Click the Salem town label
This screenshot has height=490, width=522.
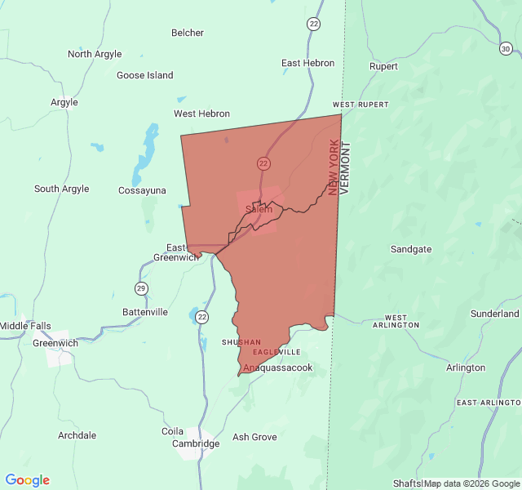pyautogui.click(x=259, y=209)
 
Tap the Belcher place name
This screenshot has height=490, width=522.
pyautogui.click(x=188, y=33)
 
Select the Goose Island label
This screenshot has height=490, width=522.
pyautogui.click(x=145, y=75)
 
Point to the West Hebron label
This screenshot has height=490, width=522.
pyautogui.click(x=201, y=114)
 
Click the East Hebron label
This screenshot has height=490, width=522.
pyautogui.click(x=307, y=63)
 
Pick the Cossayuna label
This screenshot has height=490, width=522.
pyautogui.click(x=142, y=190)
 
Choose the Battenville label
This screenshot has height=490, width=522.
pyautogui.click(x=145, y=312)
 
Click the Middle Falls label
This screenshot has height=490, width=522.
pyautogui.click(x=25, y=326)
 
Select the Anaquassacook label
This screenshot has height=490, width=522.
pyautogui.click(x=277, y=367)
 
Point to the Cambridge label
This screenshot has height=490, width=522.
pyautogui.click(x=196, y=443)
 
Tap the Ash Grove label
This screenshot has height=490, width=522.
pyautogui.click(x=254, y=437)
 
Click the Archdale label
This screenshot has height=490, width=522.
pyautogui.click(x=77, y=435)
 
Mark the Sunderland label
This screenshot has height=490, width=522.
pyautogui.click(x=494, y=314)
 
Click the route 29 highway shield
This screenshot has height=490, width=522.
pyautogui.click(x=141, y=288)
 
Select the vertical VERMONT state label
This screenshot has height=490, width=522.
pyautogui.click(x=344, y=167)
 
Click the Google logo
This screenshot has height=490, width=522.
pyautogui.click(x=28, y=480)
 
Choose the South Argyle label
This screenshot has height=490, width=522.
pyautogui.click(x=62, y=189)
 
